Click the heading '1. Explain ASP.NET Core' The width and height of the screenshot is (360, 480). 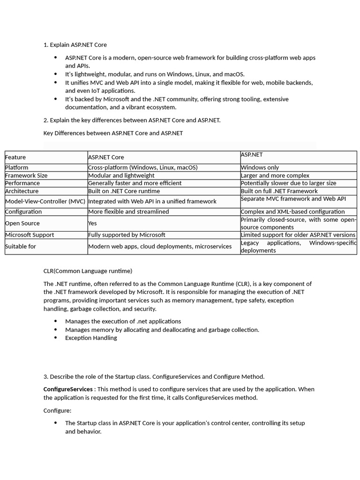coord(75,45)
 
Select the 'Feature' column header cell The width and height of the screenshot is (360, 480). coord(15,157)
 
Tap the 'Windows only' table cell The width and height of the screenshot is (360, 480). coord(260,167)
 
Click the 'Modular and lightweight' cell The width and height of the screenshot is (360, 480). coord(121,175)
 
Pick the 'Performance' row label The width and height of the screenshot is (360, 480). coord(22,183)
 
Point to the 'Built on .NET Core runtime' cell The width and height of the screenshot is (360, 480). coord(124,191)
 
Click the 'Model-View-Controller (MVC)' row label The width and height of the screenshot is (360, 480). coord(45,202)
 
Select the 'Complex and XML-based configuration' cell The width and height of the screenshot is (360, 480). coord(292,212)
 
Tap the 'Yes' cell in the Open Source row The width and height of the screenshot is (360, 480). coord(92,224)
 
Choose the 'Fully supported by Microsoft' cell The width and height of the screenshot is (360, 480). coord(127,235)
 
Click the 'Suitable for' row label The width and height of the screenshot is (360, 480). coord(21,247)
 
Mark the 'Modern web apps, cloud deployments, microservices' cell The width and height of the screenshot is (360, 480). coord(160,247)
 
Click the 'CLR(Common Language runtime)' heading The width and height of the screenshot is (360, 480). coord(88,271)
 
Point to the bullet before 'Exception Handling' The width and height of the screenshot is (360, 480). coord(55,338)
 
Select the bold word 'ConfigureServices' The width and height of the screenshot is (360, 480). coord(68,390)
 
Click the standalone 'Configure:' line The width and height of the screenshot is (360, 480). coord(57,411)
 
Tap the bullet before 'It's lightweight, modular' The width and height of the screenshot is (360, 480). coord(55,74)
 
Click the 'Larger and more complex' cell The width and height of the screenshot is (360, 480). coord(275,175)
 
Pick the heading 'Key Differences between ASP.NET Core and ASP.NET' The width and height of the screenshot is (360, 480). coord(113,133)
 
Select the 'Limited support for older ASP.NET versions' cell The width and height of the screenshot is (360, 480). coord(298,235)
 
